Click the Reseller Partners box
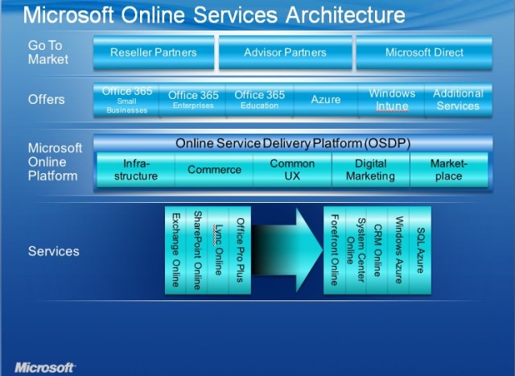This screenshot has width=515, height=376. point(153,52)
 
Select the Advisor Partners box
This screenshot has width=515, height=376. point(285,52)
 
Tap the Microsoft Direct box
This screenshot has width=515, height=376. point(424,52)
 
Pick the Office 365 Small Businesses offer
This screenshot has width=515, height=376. point(126,100)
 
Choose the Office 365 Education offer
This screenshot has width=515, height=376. point(260,100)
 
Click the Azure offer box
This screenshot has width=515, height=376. point(326,100)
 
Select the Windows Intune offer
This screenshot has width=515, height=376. point(392,100)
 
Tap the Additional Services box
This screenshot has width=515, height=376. point(458,100)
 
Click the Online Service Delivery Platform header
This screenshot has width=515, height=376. point(293,143)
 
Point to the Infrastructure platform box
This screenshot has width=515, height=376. point(136,170)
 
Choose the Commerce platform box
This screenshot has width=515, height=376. point(214,170)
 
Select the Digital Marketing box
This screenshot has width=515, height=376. point(371,170)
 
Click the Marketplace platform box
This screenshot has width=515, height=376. point(449,170)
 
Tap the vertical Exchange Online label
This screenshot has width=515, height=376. point(176,250)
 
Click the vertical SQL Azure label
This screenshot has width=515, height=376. point(419,249)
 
